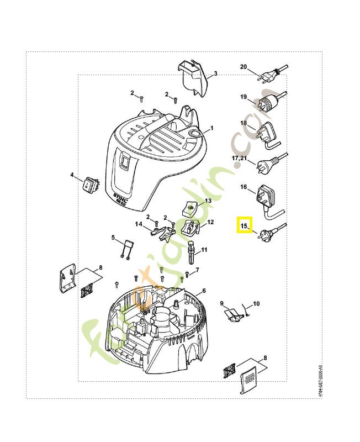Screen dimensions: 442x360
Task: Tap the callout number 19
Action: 243,97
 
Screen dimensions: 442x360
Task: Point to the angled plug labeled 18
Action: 267,134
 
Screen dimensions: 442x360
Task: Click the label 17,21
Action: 240,158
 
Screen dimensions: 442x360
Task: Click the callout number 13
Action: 208,201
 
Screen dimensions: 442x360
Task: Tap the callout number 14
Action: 140,224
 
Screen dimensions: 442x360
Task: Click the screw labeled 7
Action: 188,273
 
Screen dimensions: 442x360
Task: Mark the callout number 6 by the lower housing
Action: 204,291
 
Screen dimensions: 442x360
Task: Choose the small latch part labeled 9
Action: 232,315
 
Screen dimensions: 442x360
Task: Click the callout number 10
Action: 256,304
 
